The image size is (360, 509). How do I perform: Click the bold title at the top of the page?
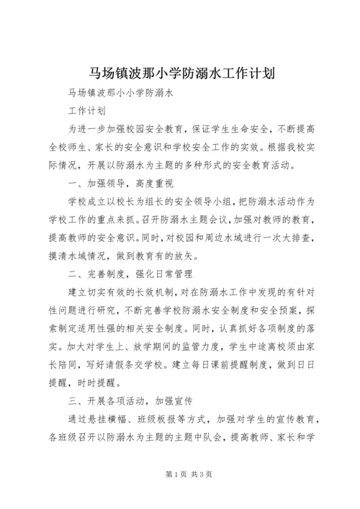(180, 74)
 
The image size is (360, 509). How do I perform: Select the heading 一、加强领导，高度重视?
(117, 183)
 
